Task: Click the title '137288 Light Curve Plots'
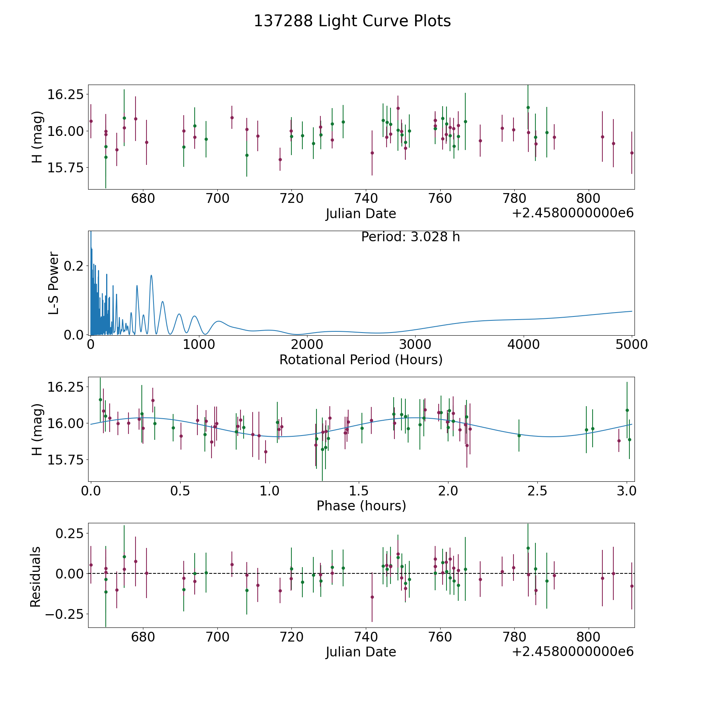tap(352, 21)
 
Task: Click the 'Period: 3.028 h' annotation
tap(410, 237)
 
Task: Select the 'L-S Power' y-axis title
tap(54, 283)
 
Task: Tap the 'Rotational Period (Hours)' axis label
tap(361, 360)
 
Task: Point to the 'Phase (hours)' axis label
tap(361, 506)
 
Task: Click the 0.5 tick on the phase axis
tap(180, 491)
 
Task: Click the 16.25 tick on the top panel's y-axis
tap(65, 94)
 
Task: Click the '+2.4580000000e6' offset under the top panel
tap(573, 213)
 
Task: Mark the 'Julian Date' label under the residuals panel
tap(361, 652)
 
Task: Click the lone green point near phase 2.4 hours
tap(519, 436)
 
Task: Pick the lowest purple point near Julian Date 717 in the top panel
tap(280, 159)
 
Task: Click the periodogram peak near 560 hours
tap(151, 275)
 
